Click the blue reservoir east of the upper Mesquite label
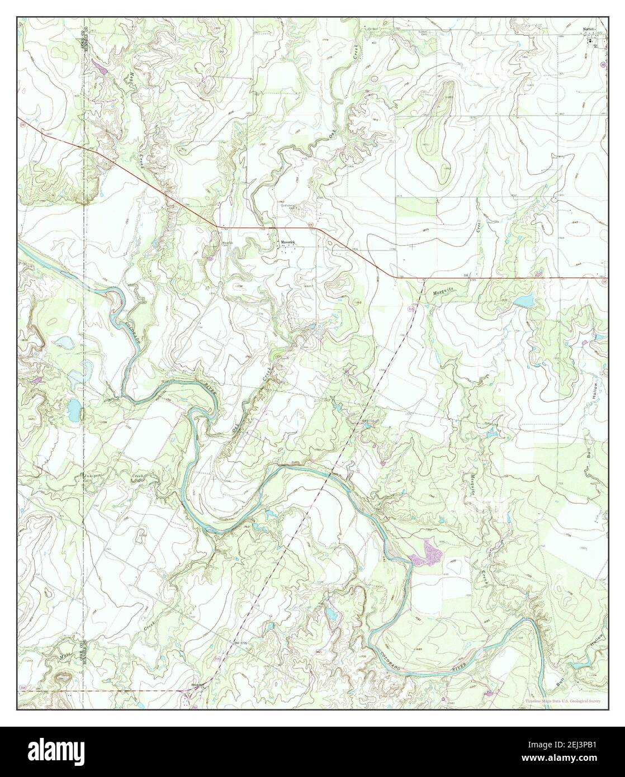[x=524, y=301]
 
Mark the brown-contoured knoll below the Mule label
[x=61, y=679]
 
